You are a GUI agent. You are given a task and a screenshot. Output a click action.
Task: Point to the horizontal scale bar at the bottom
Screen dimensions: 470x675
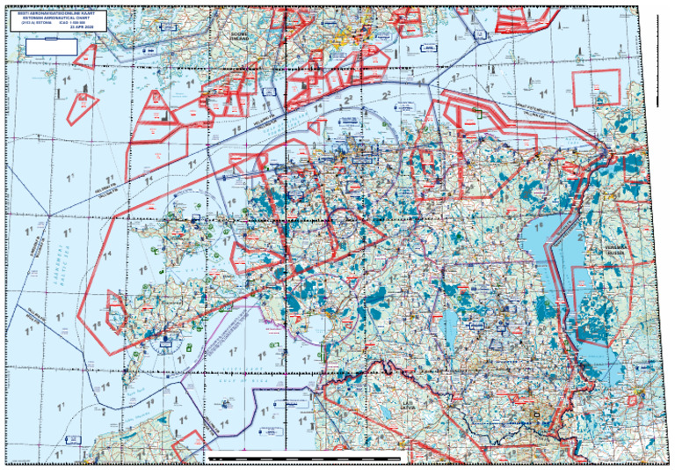pos(308,459)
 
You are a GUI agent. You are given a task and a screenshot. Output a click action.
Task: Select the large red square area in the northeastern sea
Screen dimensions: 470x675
pos(597,90)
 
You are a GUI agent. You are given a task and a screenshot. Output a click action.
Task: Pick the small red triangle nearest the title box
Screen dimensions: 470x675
pos(85,58)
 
